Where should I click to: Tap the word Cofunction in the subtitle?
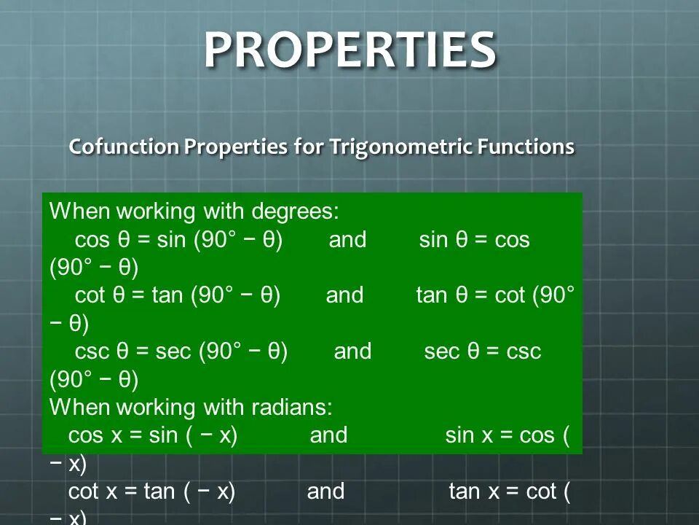(124, 147)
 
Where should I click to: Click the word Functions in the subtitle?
(526, 147)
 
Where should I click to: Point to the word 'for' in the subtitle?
(309, 147)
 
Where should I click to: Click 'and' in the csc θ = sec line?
(352, 351)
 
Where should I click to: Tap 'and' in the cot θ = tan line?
(344, 295)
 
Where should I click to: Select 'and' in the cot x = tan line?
(325, 491)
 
